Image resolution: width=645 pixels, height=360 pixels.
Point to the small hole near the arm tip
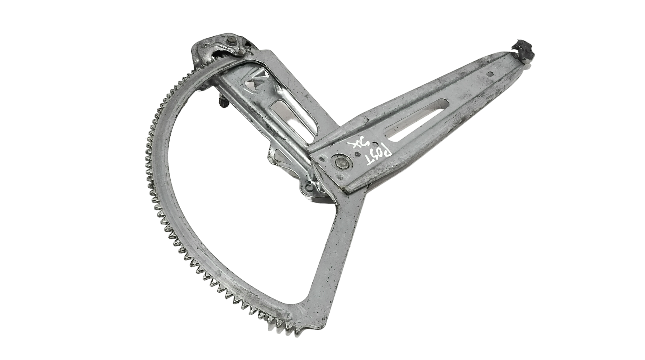pos(491,74)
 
